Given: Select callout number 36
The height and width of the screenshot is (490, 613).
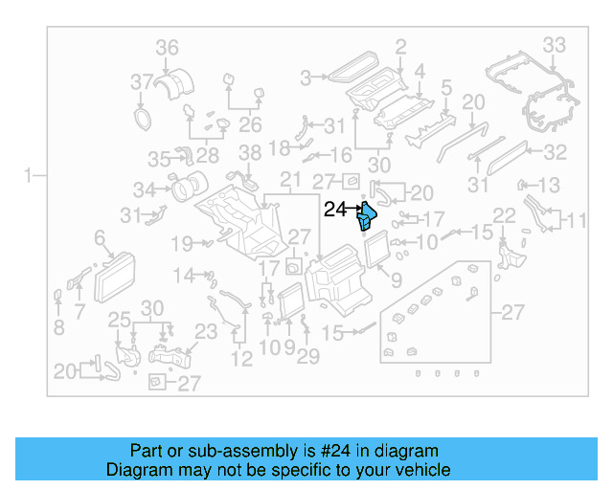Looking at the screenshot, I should [x=168, y=48].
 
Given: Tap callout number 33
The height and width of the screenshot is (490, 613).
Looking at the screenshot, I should [x=555, y=44].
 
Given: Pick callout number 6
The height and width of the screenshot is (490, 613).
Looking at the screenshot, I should [x=99, y=236].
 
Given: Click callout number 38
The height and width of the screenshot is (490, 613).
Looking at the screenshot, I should [x=249, y=152].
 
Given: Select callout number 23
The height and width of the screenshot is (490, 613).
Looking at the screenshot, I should [x=207, y=331].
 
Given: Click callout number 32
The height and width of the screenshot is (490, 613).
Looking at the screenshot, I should [x=556, y=151].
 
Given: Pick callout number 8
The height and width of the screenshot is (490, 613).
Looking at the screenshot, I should [x=58, y=327].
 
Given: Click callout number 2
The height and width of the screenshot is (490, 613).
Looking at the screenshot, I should [x=400, y=45].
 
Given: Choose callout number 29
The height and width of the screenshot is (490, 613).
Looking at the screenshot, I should [x=307, y=357].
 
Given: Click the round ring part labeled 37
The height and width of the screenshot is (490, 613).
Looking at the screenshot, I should [x=143, y=118].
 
